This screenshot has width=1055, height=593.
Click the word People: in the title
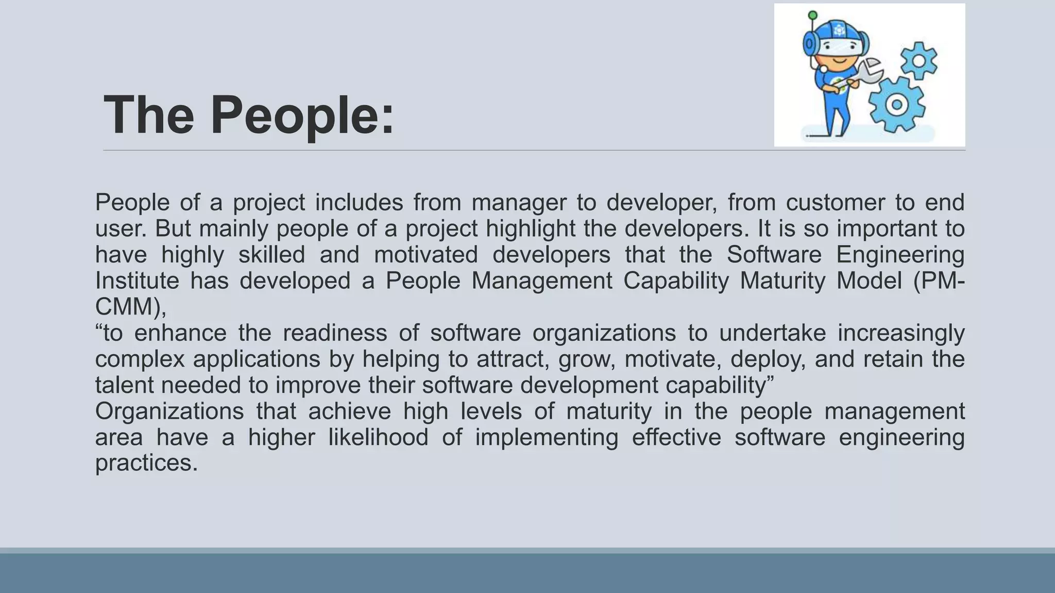tap(302, 115)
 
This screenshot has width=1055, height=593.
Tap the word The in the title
tap(149, 115)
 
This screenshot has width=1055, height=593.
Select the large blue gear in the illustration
tap(896, 104)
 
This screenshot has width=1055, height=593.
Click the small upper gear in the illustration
tap(919, 61)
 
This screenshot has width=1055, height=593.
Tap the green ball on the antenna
tap(813, 15)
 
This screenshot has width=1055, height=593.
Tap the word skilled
tap(271, 255)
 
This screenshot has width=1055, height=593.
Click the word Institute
tap(137, 281)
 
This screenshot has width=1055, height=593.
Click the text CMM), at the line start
tap(131, 307)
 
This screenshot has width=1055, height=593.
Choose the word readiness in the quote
tap(335, 333)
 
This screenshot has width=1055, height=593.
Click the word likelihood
tap(378, 438)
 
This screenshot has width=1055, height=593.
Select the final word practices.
tap(146, 463)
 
